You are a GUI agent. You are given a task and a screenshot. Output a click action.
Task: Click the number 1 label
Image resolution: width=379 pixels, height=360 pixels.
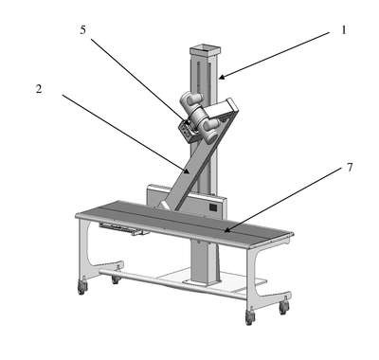pos(344,30)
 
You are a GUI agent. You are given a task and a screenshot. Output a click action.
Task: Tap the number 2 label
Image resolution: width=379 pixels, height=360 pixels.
pos(39,89)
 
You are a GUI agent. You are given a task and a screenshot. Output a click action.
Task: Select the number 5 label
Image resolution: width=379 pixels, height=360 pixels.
pos(82,30)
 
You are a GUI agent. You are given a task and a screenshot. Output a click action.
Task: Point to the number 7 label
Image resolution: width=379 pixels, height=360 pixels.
pos(350,168)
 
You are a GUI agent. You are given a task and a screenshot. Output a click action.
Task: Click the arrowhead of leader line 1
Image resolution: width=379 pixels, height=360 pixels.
pos(222,77)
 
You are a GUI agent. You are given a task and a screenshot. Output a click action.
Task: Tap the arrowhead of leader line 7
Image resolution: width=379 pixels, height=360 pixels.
pos(226,230)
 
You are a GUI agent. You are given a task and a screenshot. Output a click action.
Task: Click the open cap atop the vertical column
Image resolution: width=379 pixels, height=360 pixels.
pos(205,50)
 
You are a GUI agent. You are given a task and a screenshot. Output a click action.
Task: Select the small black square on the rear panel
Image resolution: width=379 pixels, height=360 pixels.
pos(213,207)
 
